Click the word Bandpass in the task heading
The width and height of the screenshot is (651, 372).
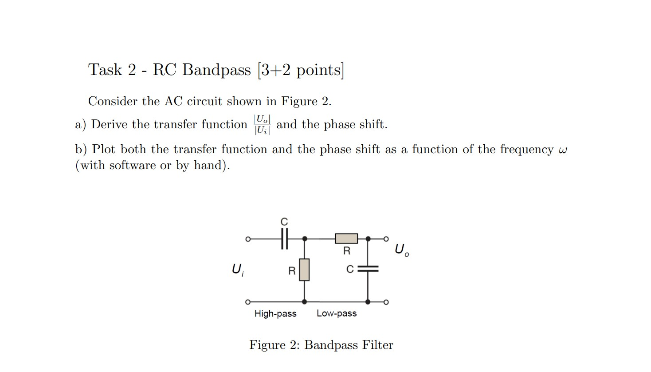tap(216, 70)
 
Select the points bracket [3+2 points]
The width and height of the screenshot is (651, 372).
tap(300, 70)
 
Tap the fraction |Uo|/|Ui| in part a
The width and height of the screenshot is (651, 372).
tap(262, 125)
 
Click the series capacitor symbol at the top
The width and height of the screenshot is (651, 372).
tap(284, 239)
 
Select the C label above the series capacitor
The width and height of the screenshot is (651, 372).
tap(284, 222)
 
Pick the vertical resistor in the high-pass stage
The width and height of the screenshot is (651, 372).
tap(304, 270)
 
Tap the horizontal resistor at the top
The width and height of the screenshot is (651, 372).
tap(346, 239)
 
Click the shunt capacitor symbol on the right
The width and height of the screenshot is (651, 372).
tap(368, 269)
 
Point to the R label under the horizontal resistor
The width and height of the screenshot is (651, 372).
tap(347, 251)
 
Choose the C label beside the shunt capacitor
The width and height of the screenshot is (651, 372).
tap(350, 269)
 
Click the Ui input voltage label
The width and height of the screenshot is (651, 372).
tap(237, 269)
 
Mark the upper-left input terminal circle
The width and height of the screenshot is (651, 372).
tap(248, 239)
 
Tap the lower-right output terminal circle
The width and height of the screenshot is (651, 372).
tap(386, 302)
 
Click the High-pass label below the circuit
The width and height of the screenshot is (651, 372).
tap(275, 314)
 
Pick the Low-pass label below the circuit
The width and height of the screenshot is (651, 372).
tap(337, 313)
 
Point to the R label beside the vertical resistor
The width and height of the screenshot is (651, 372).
tap(292, 271)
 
